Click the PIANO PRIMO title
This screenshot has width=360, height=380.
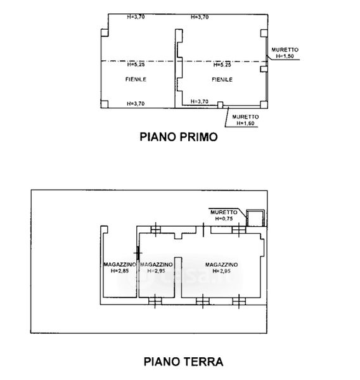pyautogui.click(x=179, y=137)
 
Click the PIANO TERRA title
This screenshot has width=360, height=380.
pyautogui.click(x=183, y=362)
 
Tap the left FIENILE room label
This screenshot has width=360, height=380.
pyautogui.click(x=136, y=79)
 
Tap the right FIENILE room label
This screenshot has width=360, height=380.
pyautogui.click(x=222, y=80)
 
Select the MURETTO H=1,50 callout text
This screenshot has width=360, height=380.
pyautogui.click(x=285, y=53)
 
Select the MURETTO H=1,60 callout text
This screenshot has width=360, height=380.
pyautogui.click(x=245, y=120)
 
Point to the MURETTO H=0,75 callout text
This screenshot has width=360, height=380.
pyautogui.click(x=224, y=215)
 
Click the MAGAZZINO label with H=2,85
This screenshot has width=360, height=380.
pyautogui.click(x=120, y=267)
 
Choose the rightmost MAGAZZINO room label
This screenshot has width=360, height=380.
pyautogui.click(x=221, y=267)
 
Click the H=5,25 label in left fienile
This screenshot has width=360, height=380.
pyautogui.click(x=136, y=65)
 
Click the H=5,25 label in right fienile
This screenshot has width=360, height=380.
pyautogui.click(x=222, y=65)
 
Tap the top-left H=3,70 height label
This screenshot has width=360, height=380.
pyautogui.click(x=136, y=16)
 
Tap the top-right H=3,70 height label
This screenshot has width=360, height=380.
pyautogui.click(x=200, y=17)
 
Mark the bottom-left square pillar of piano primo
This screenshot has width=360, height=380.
pyautogui.click(x=105, y=104)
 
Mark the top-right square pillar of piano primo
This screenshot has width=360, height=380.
pyautogui.click(x=264, y=33)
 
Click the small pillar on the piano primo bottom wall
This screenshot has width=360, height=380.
pyautogui.click(x=220, y=105)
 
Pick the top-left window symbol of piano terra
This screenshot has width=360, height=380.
pyautogui.click(x=155, y=229)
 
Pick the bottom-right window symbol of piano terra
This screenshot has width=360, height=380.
pyautogui.click(x=239, y=301)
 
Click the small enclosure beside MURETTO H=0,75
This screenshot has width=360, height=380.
pyautogui.click(x=255, y=218)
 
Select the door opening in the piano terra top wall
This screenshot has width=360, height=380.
pyautogui.click(x=203, y=230)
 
